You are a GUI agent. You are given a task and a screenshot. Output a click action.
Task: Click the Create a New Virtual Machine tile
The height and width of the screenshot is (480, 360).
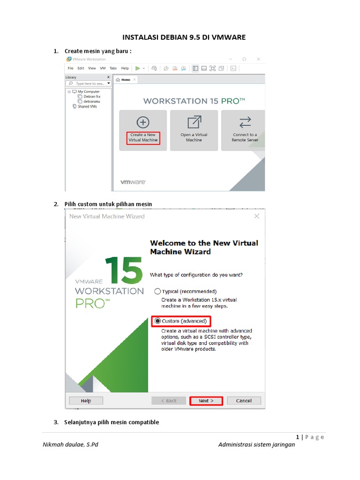click(143, 130)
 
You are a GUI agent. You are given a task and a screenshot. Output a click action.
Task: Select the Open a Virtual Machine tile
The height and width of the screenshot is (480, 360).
click(194, 130)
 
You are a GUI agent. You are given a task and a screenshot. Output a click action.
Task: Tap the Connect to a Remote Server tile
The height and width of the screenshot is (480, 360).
click(244, 130)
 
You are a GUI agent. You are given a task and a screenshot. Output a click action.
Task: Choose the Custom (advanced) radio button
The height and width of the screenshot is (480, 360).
click(157, 321)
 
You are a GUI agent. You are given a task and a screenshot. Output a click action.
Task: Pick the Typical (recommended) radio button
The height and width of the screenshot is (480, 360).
click(157, 291)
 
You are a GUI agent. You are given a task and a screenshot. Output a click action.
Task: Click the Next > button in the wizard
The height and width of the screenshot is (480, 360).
click(206, 401)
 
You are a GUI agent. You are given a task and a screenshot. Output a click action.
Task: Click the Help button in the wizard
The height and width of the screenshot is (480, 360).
click(86, 401)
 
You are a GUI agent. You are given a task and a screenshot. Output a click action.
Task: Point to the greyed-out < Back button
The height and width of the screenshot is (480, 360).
click(168, 401)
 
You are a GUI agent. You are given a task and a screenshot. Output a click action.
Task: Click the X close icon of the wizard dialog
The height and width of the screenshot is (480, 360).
click(256, 216)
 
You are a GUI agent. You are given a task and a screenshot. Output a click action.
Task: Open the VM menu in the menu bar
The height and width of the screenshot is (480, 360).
click(102, 68)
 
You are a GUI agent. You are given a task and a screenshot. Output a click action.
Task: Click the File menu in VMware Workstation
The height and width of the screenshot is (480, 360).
click(70, 68)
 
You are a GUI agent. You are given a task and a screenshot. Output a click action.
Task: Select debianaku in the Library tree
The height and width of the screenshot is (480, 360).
click(91, 101)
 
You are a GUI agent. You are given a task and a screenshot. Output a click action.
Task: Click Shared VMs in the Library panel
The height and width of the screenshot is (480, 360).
click(87, 106)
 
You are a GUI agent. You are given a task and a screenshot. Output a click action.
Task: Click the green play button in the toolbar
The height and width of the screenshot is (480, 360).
click(137, 68)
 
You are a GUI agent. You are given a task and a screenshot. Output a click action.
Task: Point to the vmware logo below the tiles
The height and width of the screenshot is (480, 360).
click(133, 182)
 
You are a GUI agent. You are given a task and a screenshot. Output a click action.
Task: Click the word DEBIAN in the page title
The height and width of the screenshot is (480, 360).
click(171, 37)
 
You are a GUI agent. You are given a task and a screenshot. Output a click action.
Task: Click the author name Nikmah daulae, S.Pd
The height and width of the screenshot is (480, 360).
click(70, 444)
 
